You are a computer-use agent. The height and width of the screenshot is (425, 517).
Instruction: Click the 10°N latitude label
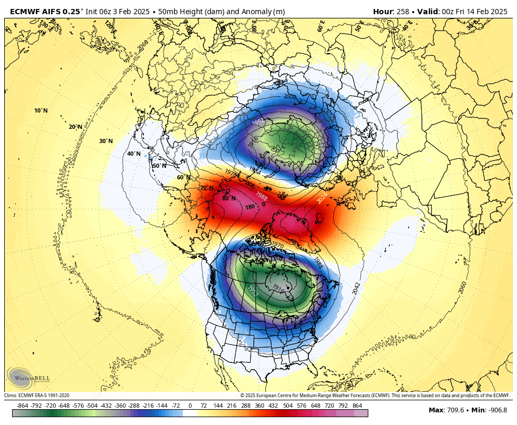coord(41,110)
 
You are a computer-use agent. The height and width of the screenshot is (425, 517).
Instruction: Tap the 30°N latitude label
coord(106,141)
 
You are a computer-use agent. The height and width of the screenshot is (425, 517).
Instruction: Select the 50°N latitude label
coord(159,166)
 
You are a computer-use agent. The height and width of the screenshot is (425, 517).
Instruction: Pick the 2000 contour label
coord(289,97)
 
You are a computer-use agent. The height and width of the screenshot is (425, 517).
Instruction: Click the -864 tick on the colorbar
coord(23,406)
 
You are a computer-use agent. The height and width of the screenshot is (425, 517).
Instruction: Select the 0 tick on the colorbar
coord(190,406)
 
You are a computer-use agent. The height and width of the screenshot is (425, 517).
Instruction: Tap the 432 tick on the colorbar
coord(273,406)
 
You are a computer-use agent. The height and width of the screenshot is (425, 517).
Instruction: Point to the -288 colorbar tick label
coord(134,406)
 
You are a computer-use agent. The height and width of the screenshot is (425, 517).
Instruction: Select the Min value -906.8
coord(497,410)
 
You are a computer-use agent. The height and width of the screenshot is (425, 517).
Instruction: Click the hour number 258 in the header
coord(403,12)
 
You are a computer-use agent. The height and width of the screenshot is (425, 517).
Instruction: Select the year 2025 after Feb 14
coord(497,12)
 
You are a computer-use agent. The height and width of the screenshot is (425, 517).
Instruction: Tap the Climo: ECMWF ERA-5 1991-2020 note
coord(37,396)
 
